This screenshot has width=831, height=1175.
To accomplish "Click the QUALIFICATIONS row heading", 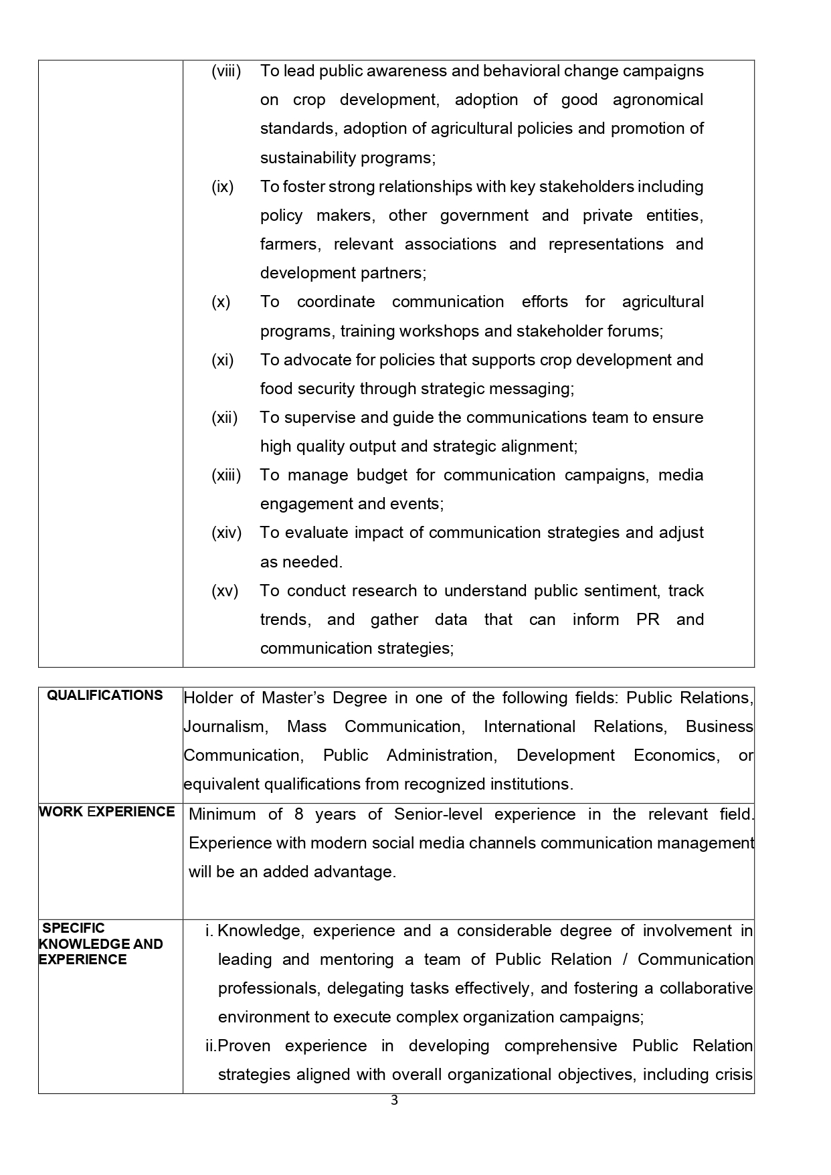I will point(104,695).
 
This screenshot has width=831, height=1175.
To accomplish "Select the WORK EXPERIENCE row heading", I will point(107,812).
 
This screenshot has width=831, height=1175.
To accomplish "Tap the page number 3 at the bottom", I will point(394,1101).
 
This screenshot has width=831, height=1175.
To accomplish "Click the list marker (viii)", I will point(226,71).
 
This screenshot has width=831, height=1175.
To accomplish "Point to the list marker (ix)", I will point(223,187).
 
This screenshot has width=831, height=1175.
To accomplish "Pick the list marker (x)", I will point(221,302).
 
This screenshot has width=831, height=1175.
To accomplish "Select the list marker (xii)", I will point(225,418).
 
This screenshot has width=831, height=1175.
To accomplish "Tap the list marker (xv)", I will point(225,591).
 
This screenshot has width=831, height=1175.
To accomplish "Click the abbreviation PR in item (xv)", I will point(648,620).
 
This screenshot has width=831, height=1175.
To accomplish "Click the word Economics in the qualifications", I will point(676,755).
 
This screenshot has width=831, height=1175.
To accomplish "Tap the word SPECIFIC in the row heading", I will point(74,928).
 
